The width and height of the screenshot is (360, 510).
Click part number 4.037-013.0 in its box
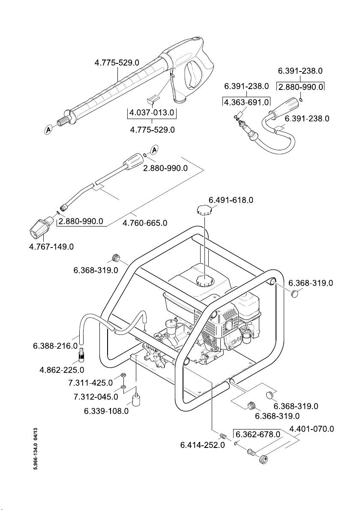point(152,113)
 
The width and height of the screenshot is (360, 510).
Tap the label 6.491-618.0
point(231,200)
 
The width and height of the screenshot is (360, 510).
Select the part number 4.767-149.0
point(51,247)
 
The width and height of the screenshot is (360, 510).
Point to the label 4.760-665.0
point(145,223)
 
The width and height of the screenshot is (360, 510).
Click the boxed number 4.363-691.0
point(247,102)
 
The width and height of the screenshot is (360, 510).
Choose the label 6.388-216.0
point(55,346)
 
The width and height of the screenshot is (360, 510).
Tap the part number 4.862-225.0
point(62,370)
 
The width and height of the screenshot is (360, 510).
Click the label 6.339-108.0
point(106,411)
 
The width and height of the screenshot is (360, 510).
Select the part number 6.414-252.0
point(202,444)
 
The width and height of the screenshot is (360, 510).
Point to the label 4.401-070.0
point(312,429)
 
